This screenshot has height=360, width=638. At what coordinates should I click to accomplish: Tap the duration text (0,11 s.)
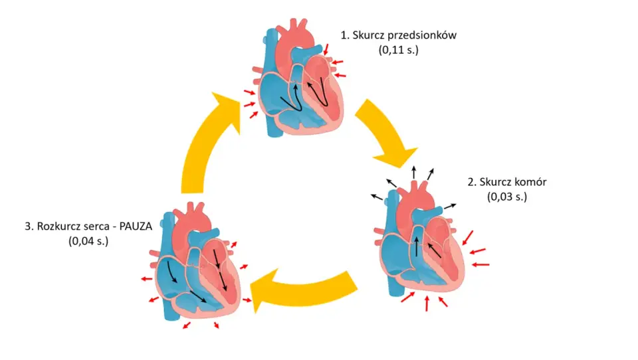tap(398, 50)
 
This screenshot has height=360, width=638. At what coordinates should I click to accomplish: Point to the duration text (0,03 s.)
tap(507, 197)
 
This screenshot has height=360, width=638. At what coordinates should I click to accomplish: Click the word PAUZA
tap(136, 226)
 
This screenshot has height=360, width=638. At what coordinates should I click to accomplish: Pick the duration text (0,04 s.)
tap(88, 241)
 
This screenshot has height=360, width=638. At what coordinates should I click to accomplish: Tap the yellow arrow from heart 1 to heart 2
tap(385, 133)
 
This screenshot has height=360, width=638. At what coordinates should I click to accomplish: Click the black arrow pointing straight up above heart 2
tap(414, 173)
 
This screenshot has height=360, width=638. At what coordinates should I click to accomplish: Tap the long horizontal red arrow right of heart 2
tap(480, 265)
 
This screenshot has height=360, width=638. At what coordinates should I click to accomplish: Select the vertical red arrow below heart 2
tap(427, 304)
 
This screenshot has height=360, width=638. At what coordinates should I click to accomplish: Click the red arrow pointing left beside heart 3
tap(146, 279)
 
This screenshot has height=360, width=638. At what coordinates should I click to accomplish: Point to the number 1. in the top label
tap(345, 35)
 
